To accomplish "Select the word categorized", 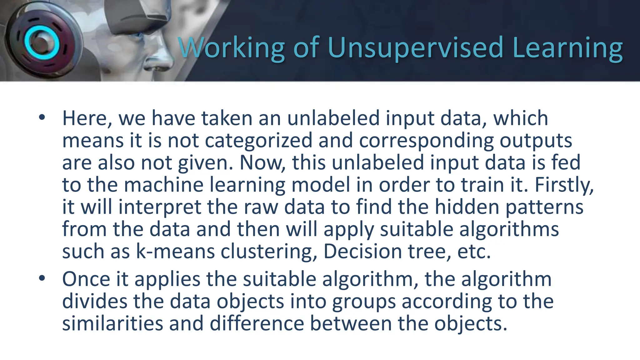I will point(258,141).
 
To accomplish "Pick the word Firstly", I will point(564,185).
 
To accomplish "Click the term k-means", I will point(175,252).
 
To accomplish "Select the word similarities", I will point(112,323).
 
